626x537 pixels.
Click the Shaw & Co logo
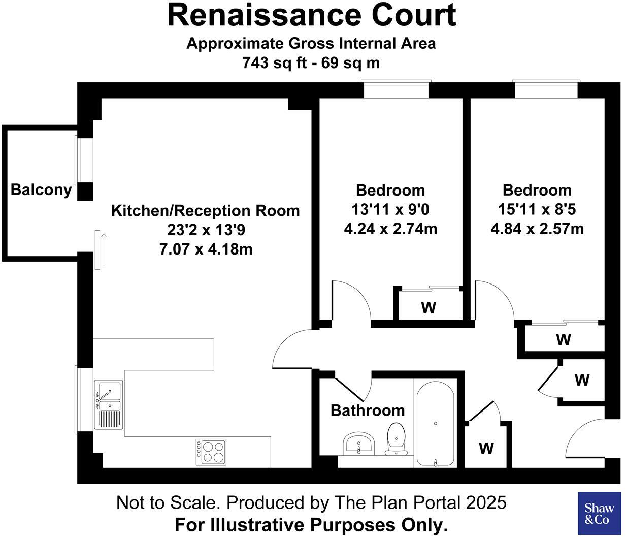pos(599,514)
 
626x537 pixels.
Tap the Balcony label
pos(41,190)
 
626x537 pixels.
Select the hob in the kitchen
pos(211,452)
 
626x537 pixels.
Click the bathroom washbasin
pos(358,445)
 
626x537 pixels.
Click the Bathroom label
pos(368,410)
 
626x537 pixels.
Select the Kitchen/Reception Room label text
pos(206,210)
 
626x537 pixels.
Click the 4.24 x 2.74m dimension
pos(390,229)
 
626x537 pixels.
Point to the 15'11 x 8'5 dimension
pos(537,209)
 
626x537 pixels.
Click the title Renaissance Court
pos(312,15)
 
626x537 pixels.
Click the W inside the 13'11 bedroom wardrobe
pos(429,308)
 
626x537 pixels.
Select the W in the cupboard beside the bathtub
pos(486,449)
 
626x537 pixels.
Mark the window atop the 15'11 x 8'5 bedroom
pos(546,89)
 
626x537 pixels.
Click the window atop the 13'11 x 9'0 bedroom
pos(396,89)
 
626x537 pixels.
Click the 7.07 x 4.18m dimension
pos(206,249)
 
